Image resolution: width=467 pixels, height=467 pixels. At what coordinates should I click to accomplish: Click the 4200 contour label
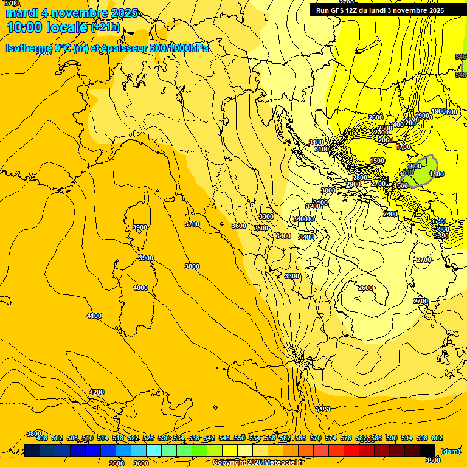point(97,392)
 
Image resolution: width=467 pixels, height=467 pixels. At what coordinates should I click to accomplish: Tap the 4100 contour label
point(94,316)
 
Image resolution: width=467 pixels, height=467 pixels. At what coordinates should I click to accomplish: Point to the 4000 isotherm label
point(140,288)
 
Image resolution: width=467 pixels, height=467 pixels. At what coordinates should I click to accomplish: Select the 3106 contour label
point(323,409)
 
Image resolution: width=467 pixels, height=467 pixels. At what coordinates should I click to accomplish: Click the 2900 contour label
point(353,184)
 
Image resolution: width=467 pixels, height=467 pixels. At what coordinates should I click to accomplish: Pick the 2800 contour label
point(361,178)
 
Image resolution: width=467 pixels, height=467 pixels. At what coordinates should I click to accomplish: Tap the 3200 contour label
point(313,206)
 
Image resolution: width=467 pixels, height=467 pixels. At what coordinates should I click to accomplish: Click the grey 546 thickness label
point(407,172)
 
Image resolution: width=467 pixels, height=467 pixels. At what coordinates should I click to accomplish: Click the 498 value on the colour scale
point(41,438)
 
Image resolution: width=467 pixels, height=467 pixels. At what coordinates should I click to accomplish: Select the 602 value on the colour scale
point(437,438)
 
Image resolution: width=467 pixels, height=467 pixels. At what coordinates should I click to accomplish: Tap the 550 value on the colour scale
point(239,438)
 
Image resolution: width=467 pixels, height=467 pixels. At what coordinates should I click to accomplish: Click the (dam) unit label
point(450,451)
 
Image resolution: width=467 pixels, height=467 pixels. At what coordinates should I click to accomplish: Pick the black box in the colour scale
point(427,450)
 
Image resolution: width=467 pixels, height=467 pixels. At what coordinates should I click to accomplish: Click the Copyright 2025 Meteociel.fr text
point(258,463)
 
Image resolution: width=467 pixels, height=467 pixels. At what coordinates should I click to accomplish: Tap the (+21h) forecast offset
point(105,27)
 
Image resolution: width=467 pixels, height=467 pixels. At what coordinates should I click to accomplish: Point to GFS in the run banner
point(337,10)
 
